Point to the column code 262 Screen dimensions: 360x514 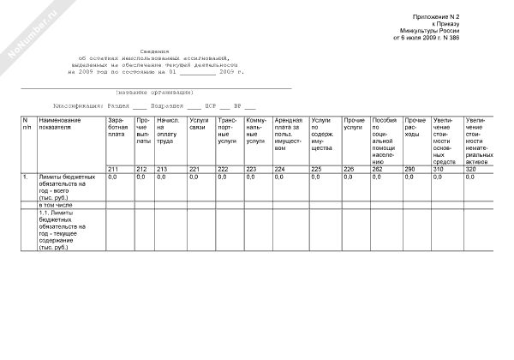coord(379,169)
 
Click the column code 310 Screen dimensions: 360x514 coord(439,169)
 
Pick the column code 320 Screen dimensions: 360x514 coord(470,169)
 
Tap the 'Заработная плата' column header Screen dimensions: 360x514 coord(117,127)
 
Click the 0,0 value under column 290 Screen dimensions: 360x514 coord(410,177)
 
